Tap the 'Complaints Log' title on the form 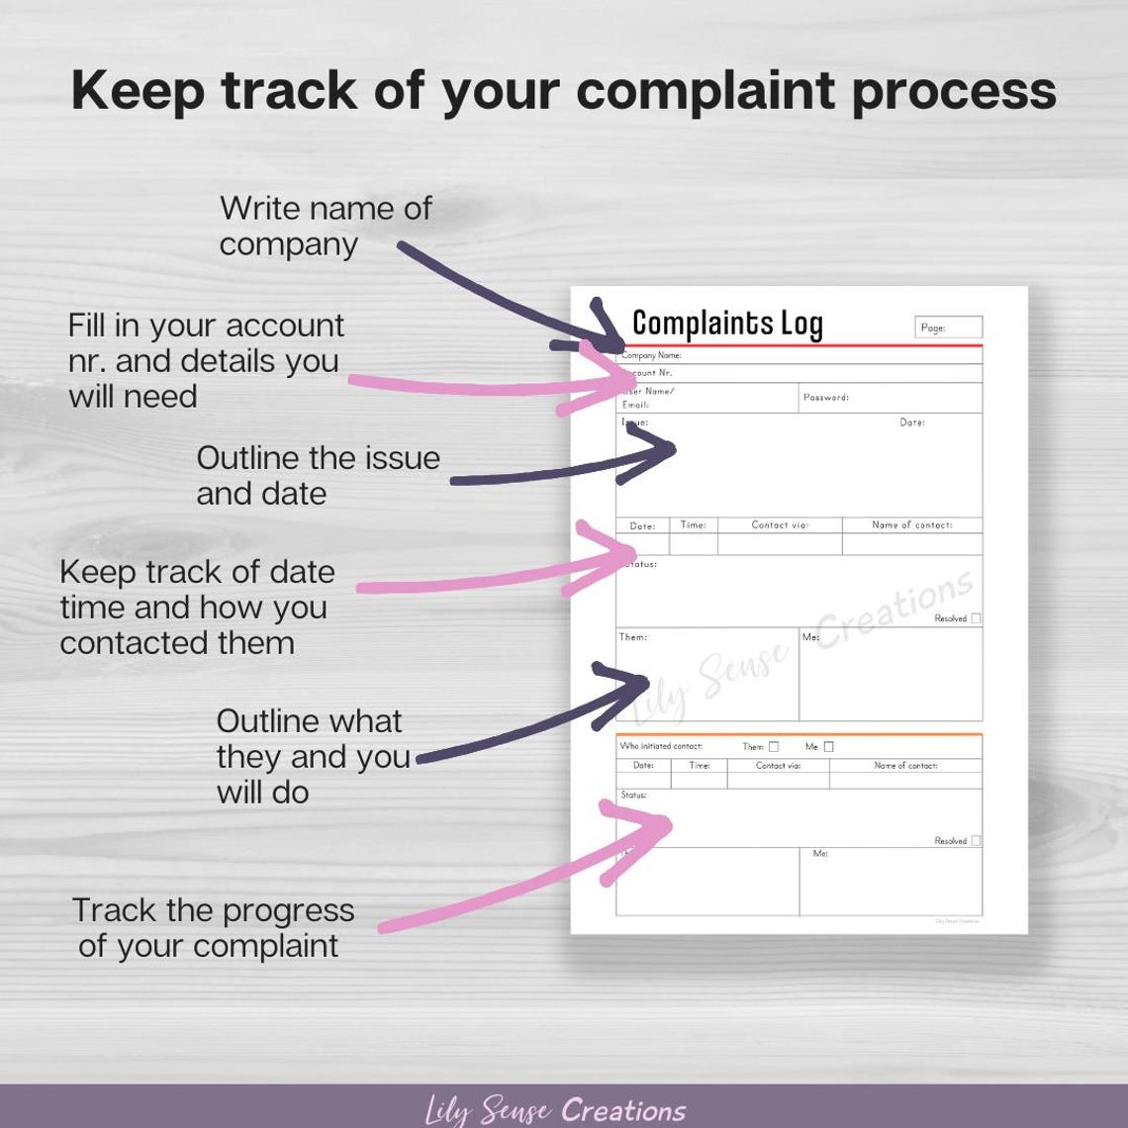727,324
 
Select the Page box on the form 948,328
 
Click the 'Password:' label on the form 825,398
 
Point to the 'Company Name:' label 651,355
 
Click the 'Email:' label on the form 635,405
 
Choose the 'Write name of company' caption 325,226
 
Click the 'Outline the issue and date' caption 318,475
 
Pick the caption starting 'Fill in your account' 206,360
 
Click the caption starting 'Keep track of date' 196,607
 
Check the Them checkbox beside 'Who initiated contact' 774,747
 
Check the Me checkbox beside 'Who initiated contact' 828,747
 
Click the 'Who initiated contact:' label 660,746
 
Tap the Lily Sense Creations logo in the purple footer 555,1110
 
